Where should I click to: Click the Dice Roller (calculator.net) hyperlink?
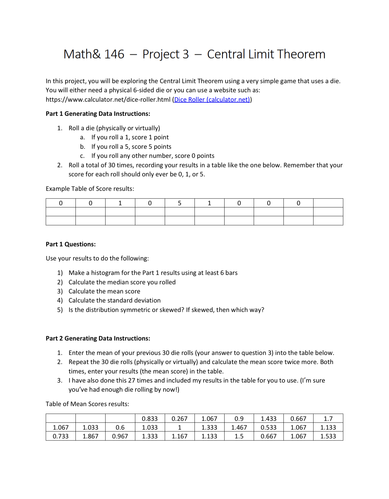coord(212,100)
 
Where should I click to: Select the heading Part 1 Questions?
coord(71,244)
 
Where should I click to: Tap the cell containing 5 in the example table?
coord(179,203)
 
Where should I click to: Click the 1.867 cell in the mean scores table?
coord(90,436)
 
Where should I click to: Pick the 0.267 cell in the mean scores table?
coord(179,419)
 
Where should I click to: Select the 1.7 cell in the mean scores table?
coord(328,419)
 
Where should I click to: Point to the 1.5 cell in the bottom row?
coord(239,436)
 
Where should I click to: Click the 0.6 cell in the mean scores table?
coord(120,427)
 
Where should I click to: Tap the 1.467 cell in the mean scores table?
coord(239,427)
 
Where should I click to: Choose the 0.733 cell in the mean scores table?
coord(60,436)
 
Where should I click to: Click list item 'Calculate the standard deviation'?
coord(114,301)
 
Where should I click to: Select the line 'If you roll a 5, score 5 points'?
coord(131,147)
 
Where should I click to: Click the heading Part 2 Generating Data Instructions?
coord(98,338)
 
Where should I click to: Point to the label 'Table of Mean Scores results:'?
coord(87,404)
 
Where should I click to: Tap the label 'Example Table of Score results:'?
coord(90,189)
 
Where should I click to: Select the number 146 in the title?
coord(114,54)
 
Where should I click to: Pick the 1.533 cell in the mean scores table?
coord(328,436)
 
